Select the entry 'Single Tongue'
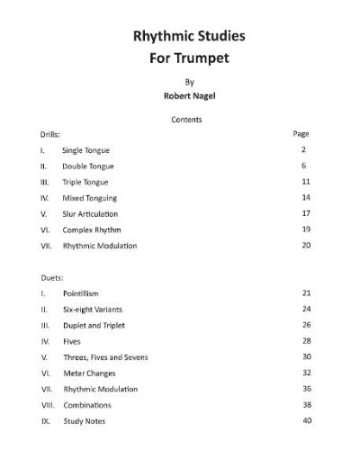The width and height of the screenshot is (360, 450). pyautogui.click(x=85, y=149)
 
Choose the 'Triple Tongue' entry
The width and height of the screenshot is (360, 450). pyautogui.click(x=85, y=181)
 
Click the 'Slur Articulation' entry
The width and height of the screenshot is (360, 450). pyautogui.click(x=90, y=213)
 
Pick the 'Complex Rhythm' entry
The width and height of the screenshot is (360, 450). pyautogui.click(x=89, y=229)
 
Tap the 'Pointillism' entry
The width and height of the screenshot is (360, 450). pyautogui.click(x=83, y=293)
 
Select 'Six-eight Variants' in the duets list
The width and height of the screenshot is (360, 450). pyautogui.click(x=94, y=309)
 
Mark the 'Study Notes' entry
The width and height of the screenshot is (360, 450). pyautogui.click(x=84, y=421)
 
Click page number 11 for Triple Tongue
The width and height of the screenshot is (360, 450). pyautogui.click(x=306, y=181)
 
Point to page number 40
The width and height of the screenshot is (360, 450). pyautogui.click(x=306, y=421)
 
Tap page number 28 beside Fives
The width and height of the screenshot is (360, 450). pyautogui.click(x=306, y=341)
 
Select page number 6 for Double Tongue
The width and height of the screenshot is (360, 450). pyautogui.click(x=306, y=166)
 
